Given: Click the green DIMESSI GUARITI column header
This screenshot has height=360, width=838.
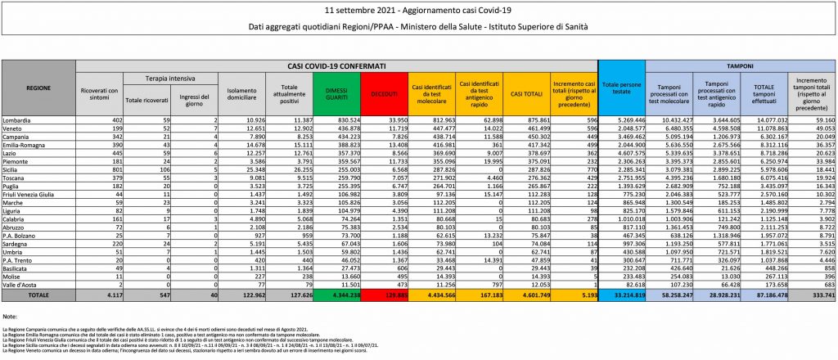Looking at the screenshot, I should tap(336, 94).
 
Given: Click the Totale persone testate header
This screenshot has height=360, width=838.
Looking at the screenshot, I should tap(621, 86).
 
